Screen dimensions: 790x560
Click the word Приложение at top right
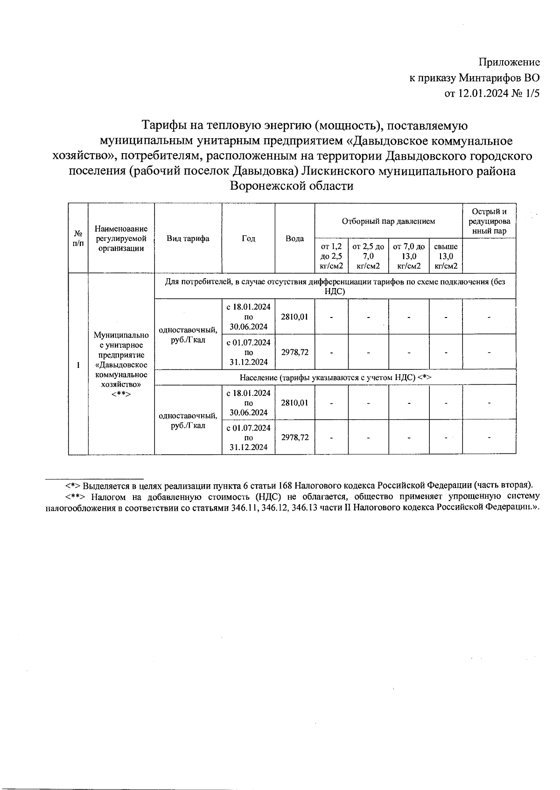[x=509, y=63]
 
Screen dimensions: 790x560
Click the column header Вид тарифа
[x=188, y=239]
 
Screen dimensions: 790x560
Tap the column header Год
[x=248, y=239]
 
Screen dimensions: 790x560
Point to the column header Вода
[x=294, y=239]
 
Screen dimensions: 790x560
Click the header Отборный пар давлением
[x=388, y=221]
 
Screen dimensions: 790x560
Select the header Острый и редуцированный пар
[x=489, y=221]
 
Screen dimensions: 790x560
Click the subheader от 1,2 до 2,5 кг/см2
[x=331, y=256]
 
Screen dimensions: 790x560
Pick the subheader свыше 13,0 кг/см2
[x=446, y=256]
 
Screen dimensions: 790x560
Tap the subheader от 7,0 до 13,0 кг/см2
[x=409, y=256]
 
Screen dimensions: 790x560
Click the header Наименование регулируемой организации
[x=121, y=239]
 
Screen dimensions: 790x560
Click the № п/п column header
[x=78, y=239]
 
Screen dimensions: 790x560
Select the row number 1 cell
[x=78, y=365]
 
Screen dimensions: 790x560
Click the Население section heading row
[x=335, y=378]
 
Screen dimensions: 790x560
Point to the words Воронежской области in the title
[x=292, y=186]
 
